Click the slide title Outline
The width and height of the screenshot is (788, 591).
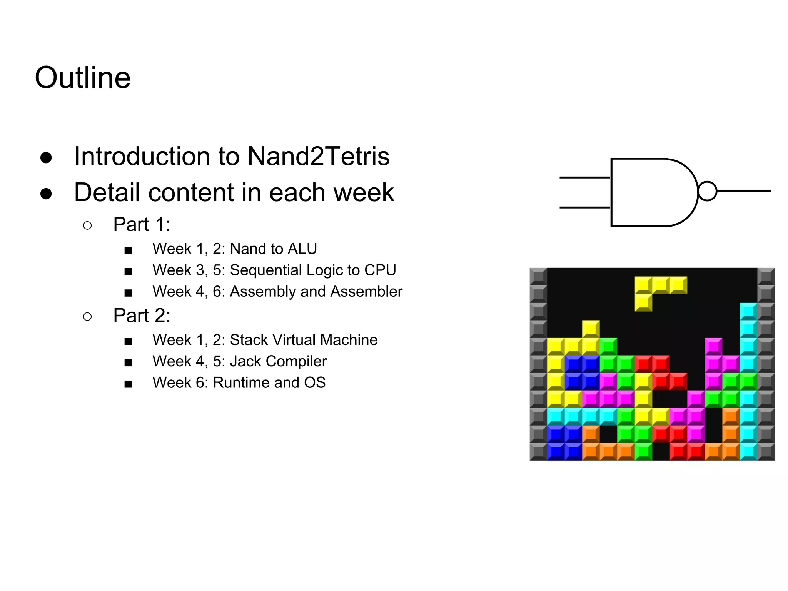[83, 78]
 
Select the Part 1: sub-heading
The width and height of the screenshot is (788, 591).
[142, 224]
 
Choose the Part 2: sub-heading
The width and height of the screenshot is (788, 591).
[142, 316]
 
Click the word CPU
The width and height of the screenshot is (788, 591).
[380, 270]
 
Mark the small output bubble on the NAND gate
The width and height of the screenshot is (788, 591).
[707, 191]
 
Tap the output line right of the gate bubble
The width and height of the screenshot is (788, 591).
[744, 191]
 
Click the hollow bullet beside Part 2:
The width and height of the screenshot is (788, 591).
[87, 316]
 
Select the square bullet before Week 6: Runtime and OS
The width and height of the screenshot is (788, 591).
[128, 384]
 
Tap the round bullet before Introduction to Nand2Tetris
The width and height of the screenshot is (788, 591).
[46, 157]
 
